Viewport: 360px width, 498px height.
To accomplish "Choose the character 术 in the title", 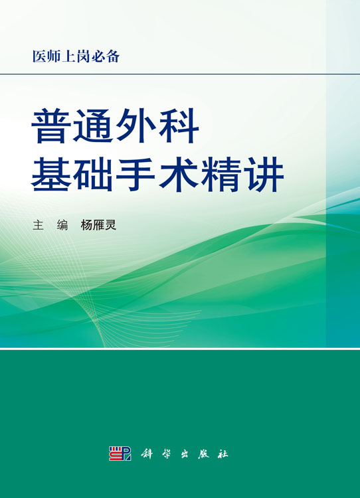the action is click(179, 174).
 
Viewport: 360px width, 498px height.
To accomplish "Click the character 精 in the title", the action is click(221, 174).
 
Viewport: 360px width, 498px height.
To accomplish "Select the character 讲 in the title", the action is click(264, 174).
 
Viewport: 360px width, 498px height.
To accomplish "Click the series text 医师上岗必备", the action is click(76, 56).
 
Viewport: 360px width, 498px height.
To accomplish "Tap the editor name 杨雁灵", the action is click(98, 225).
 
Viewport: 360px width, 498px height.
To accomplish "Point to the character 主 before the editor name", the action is click(38, 225).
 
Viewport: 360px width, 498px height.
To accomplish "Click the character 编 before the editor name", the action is click(62, 225).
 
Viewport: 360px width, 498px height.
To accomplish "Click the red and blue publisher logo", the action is click(120, 454).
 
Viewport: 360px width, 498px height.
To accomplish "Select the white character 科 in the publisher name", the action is click(147, 454).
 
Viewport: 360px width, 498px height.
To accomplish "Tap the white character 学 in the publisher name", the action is click(165, 454).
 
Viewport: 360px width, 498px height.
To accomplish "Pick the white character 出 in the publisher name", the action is click(184, 454).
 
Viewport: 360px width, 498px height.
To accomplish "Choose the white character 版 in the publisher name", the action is click(203, 454).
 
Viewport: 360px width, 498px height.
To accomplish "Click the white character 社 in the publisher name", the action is click(223, 454).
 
